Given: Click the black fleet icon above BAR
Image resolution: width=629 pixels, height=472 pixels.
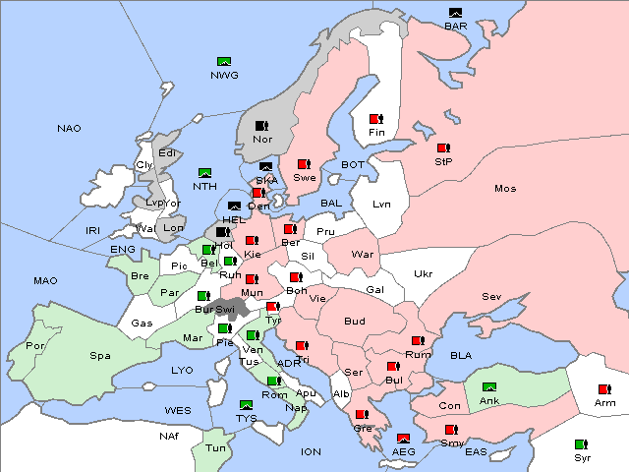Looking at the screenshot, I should (x=455, y=13).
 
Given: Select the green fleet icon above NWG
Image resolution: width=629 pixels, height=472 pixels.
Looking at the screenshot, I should (x=223, y=62).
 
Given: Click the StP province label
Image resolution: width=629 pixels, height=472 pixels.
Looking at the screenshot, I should (x=443, y=162).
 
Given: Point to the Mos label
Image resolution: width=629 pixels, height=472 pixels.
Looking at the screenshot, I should (x=505, y=188).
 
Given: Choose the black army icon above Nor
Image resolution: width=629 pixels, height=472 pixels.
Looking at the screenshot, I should (x=262, y=126).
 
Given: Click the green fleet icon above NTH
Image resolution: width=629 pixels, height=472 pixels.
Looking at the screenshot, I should (x=204, y=173).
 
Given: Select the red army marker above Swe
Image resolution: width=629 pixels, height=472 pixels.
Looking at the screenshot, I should (x=305, y=164).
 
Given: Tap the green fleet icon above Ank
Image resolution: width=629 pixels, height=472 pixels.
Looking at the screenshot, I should (x=488, y=387).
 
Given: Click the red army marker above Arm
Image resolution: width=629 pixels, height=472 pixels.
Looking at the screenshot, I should (x=603, y=389).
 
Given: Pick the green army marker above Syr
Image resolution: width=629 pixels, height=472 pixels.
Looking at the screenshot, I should (x=583, y=444).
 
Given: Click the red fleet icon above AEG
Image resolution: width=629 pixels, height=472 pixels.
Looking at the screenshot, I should (x=403, y=439).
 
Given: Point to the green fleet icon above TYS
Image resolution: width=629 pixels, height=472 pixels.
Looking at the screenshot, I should (x=246, y=405).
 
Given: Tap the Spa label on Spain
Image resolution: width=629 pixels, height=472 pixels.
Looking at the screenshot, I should (x=99, y=355).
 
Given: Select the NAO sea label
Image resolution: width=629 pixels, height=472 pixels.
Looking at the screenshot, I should (x=69, y=129).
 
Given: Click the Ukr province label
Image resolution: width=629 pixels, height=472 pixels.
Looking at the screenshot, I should (x=423, y=274).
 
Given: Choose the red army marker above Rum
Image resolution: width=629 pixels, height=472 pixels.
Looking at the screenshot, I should (x=418, y=341).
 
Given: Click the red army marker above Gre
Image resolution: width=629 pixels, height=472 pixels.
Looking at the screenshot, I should (x=362, y=415).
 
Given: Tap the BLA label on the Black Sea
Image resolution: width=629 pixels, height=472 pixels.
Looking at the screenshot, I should (x=461, y=355).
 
